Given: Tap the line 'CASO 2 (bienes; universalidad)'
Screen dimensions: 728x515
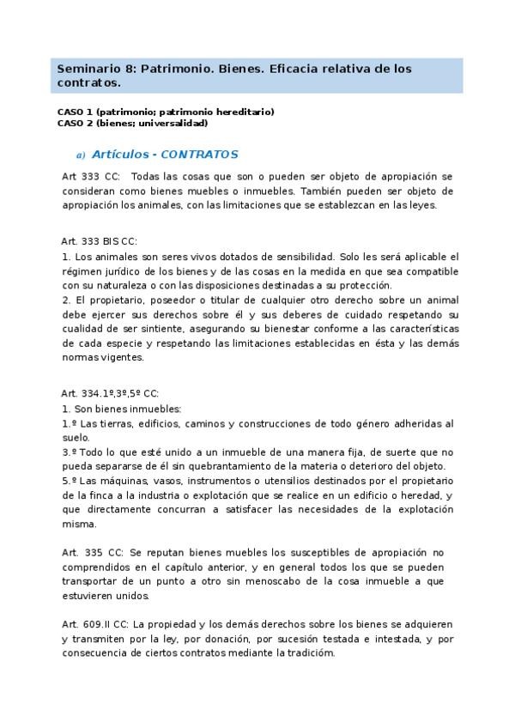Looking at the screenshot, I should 132,123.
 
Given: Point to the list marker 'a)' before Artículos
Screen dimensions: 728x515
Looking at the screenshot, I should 82,155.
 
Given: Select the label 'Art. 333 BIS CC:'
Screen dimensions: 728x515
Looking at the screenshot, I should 100,241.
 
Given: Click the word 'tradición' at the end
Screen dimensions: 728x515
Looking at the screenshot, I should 308,652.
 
